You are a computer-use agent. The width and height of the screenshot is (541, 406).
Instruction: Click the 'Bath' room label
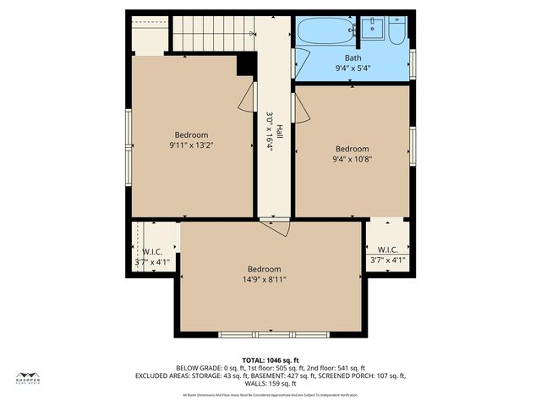(352, 58)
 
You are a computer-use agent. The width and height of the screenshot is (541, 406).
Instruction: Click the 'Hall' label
(279, 133)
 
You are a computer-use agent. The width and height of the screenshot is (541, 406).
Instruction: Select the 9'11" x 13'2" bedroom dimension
(191, 145)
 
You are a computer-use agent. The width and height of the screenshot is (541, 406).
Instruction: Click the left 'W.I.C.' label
(152, 251)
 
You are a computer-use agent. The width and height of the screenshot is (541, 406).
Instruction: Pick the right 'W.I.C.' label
(388, 250)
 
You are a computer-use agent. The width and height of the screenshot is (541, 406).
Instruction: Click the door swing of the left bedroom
(246, 97)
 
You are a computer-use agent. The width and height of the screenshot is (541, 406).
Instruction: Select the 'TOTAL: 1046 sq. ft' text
(270, 359)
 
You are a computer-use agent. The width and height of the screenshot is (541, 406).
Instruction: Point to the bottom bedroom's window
(270, 334)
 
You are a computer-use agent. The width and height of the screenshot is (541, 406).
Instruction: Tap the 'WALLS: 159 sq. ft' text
(270, 384)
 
